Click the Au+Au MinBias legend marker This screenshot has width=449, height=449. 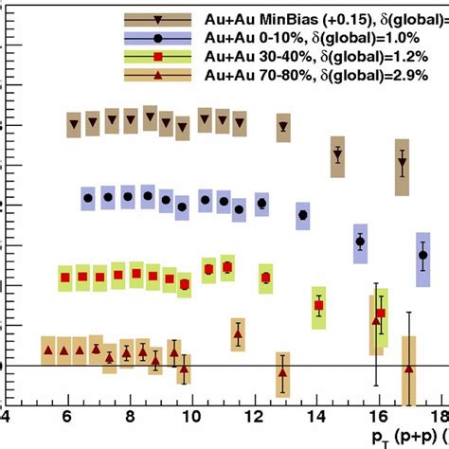coord(154,18)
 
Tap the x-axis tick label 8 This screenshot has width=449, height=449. coord(128,418)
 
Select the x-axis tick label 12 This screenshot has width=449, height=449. coord(251,418)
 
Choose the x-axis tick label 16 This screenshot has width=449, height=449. coord(375,418)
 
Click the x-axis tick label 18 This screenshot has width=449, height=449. coord(435,418)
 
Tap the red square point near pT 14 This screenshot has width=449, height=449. coord(319,306)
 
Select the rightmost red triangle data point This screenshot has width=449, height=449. coord(408,368)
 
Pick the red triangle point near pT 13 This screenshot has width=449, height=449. coord(282,370)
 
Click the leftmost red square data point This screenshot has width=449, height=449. coord(65,278)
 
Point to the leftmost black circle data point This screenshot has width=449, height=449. coord(88,198)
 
